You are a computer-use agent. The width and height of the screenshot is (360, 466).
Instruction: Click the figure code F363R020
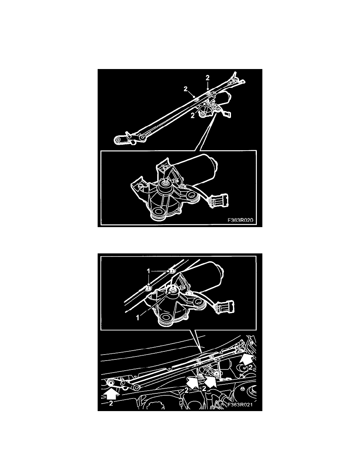[242, 220]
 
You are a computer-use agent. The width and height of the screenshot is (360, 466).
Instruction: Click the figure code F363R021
[237, 406]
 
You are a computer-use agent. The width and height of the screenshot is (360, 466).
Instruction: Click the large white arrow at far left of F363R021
[111, 393]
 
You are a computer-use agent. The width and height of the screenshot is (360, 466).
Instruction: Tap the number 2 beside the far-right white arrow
[250, 367]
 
